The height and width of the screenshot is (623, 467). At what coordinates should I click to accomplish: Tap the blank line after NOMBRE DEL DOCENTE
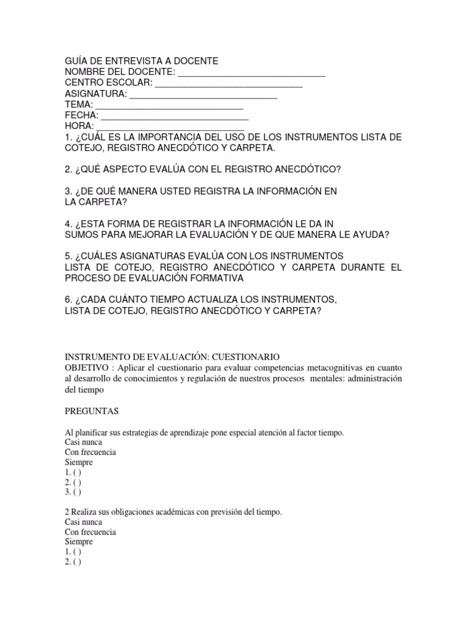point(252,75)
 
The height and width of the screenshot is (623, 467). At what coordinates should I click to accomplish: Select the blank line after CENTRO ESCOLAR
point(229,86)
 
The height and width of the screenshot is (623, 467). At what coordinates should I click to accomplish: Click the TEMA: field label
point(79,105)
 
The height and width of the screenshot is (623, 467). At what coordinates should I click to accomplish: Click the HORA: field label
point(80,127)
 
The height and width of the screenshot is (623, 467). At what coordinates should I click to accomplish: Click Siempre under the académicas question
point(79,542)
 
